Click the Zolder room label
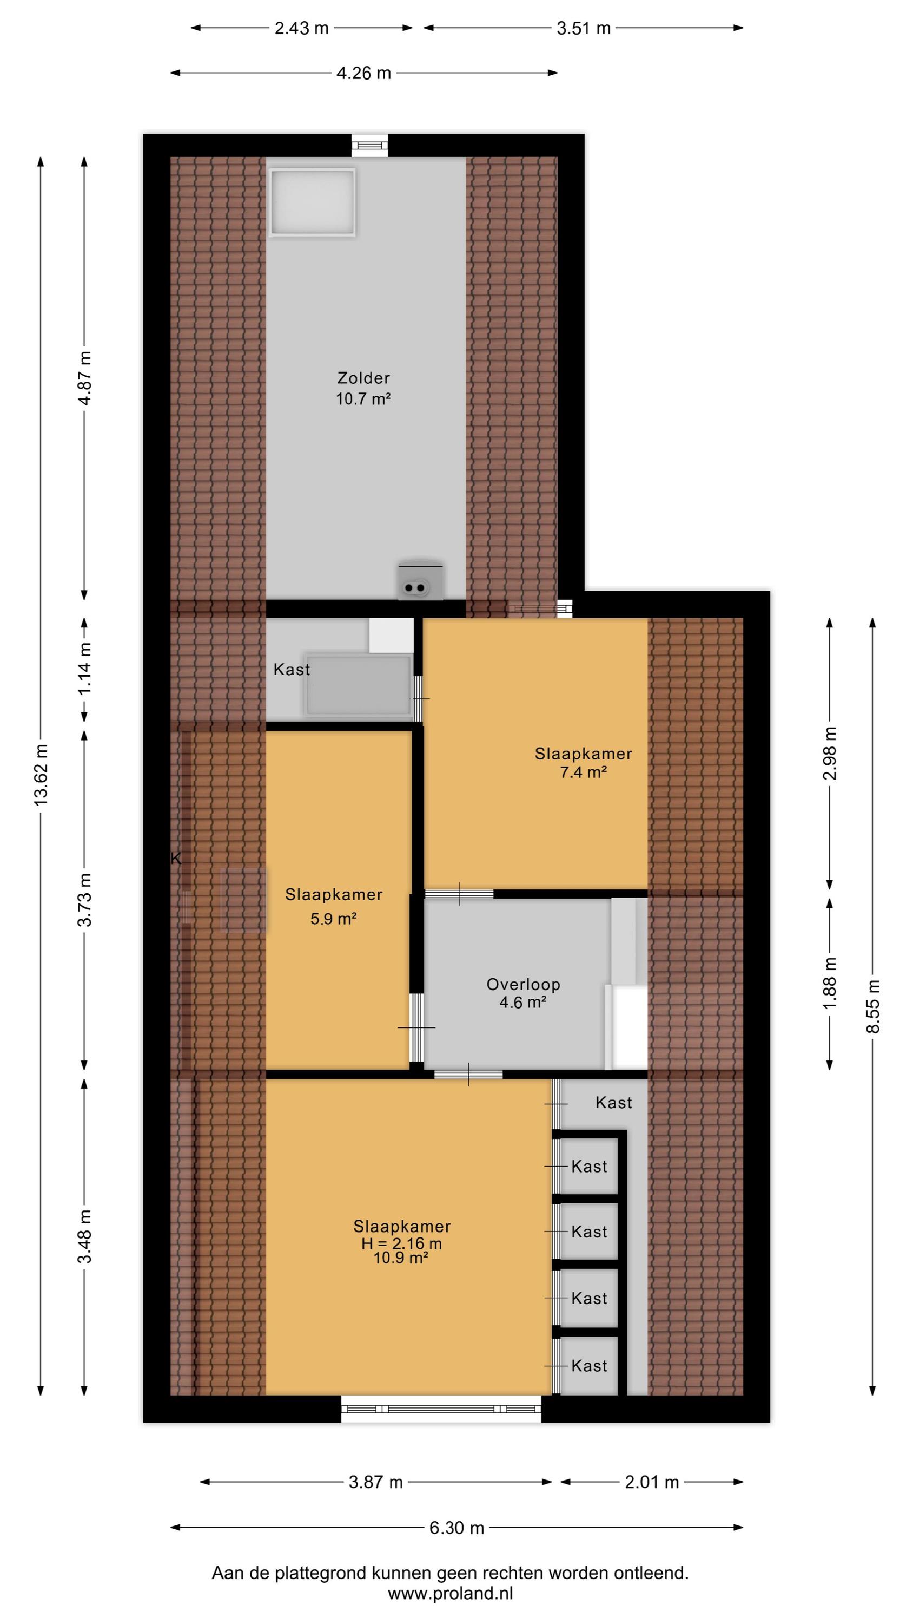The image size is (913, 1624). (363, 378)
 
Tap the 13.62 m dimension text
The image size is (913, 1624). (41, 775)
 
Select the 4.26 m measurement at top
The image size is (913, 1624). (363, 73)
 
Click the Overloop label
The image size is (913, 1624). (523, 984)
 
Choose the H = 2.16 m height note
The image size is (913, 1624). (401, 1244)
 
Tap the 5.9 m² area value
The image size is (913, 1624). (333, 919)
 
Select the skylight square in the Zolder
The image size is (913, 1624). (312, 202)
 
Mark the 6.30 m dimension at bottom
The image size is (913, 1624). (457, 1528)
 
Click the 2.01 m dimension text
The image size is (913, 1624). (652, 1482)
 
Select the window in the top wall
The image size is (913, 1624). (370, 146)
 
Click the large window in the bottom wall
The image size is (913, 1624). (441, 1409)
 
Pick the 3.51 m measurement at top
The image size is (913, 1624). (584, 28)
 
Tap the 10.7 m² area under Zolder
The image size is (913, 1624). (363, 398)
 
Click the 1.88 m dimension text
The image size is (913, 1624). (830, 984)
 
